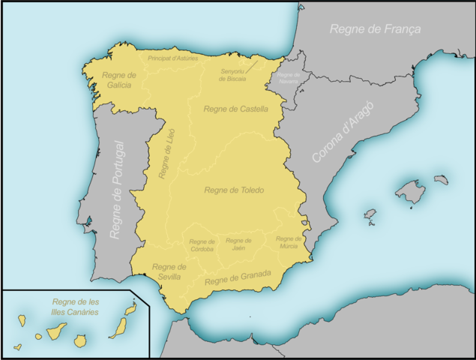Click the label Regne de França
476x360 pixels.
[x=376, y=29]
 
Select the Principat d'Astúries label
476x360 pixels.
[x=172, y=57]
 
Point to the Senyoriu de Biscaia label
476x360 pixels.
[x=232, y=75]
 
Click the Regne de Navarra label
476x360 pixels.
[x=288, y=79]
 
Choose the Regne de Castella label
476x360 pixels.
[x=235, y=109]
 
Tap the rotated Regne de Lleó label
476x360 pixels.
[x=166, y=154]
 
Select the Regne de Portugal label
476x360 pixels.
[x=118, y=190]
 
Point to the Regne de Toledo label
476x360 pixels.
[x=234, y=190]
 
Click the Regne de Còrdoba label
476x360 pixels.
[x=202, y=245]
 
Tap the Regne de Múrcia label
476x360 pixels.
[x=289, y=242]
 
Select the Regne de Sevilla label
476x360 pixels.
[x=169, y=271]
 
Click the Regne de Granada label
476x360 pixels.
[x=237, y=278]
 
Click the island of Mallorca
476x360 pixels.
[x=410, y=192]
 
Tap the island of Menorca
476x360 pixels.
[x=441, y=180]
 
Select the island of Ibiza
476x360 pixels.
[x=370, y=214]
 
